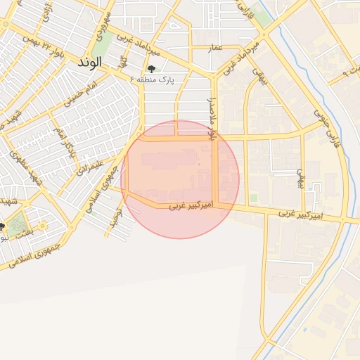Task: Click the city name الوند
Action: coord(90,62)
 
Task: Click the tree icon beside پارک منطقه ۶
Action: coord(151,69)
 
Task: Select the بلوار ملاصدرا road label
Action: coord(211,116)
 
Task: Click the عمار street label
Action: coord(217,47)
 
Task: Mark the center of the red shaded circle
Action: coord(180,179)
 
